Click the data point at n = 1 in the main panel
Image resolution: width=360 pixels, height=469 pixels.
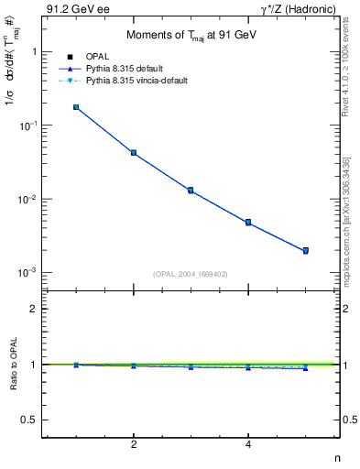(76, 107)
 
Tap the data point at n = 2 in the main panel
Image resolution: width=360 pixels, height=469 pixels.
(134, 152)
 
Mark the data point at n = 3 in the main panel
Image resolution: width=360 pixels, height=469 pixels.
(191, 191)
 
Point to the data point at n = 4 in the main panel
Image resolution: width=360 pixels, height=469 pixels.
(248, 222)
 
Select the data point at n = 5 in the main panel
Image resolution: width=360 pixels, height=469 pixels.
(305, 250)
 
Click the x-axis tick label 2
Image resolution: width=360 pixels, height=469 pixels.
(134, 445)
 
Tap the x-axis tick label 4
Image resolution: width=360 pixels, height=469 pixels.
(248, 445)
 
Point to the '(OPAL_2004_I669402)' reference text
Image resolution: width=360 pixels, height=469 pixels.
(191, 273)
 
